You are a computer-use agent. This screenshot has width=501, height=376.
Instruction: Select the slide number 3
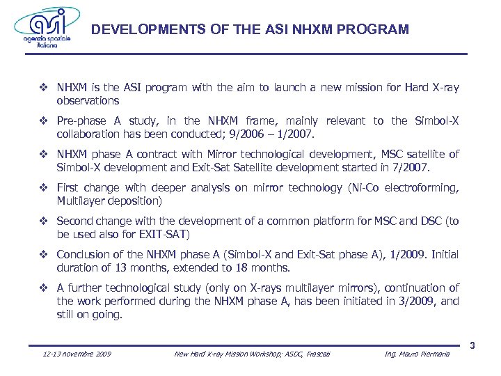pyautogui.click(x=472, y=346)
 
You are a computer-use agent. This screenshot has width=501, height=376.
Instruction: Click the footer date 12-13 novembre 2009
pyautogui.click(x=77, y=354)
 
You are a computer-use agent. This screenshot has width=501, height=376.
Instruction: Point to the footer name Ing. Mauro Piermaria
pyautogui.click(x=417, y=354)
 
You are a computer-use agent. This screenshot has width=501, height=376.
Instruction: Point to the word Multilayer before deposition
pyautogui.click(x=82, y=201)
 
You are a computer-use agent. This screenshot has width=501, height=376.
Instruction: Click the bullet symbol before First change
pyautogui.click(x=44, y=188)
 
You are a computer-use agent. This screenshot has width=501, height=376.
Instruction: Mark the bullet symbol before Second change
pyautogui.click(x=44, y=221)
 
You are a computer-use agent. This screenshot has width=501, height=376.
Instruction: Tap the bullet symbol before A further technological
pyautogui.click(x=44, y=288)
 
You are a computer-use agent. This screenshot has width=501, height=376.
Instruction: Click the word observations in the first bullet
pyautogui.click(x=88, y=100)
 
